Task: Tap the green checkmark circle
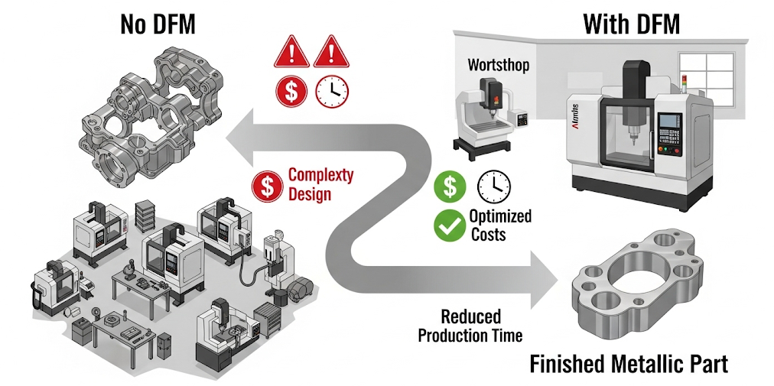[x=450, y=225]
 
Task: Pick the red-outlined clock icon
[x=332, y=90]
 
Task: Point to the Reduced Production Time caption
[x=470, y=325]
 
